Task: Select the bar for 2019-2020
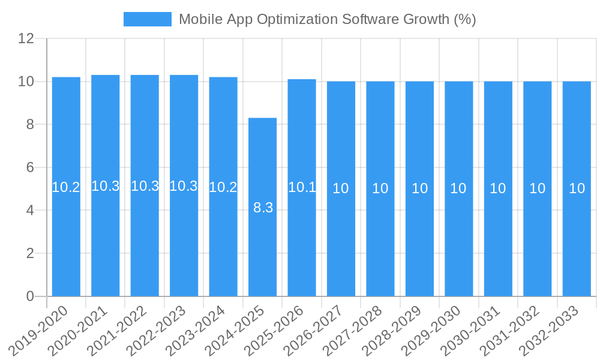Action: coord(66,240)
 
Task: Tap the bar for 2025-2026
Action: coord(302,240)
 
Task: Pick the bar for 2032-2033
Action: coord(577,240)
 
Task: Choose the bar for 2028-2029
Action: coord(419,240)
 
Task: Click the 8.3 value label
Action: coord(263,208)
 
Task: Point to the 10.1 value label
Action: coord(302,187)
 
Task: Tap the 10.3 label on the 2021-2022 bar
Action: coord(145,186)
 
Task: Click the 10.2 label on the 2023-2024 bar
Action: coord(223,187)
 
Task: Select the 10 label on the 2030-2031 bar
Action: coord(498,188)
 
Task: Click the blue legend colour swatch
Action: coord(148,19)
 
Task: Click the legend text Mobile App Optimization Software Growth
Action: coord(327,19)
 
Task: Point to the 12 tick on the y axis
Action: coord(26,39)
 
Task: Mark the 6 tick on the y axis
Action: coord(30,167)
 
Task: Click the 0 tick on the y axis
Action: coord(30,296)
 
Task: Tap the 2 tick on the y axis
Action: coord(30,253)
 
